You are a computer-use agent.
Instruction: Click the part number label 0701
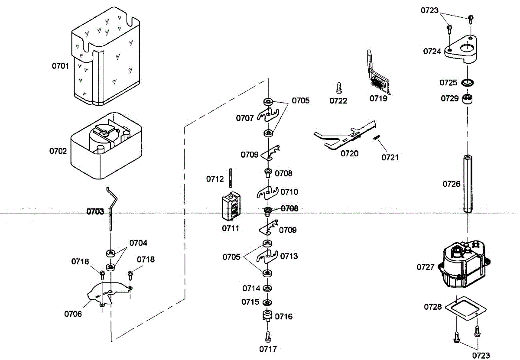[x=60, y=66]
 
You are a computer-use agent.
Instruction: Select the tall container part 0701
[x=106, y=56]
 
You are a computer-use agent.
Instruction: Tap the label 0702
[x=58, y=151]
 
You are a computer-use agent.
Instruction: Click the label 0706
[x=73, y=314]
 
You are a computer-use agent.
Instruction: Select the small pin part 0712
[x=230, y=178]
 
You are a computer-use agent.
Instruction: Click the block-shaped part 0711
[x=231, y=206]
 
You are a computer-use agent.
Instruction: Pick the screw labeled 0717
[x=268, y=337]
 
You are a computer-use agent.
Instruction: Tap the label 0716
[x=284, y=317]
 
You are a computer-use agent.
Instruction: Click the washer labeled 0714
[x=267, y=288]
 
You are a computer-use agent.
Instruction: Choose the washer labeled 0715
[x=267, y=303]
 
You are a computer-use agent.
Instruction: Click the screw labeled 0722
[x=339, y=88]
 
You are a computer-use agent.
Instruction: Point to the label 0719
[x=378, y=99]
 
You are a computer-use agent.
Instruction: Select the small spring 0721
[x=377, y=137]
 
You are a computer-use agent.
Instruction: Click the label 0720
[x=350, y=154]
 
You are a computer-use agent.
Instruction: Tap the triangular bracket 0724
[x=461, y=49]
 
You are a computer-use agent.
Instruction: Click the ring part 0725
[x=467, y=83]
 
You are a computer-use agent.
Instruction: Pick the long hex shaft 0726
[x=468, y=184]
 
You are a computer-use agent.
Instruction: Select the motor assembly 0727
[x=464, y=264]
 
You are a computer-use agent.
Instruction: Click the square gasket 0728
[x=466, y=309]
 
